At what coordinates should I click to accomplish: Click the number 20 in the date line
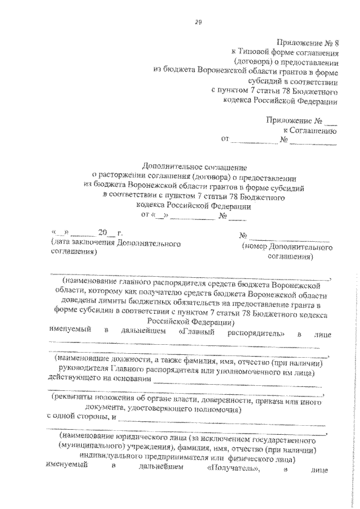pyautogui.click(x=102, y=232)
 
